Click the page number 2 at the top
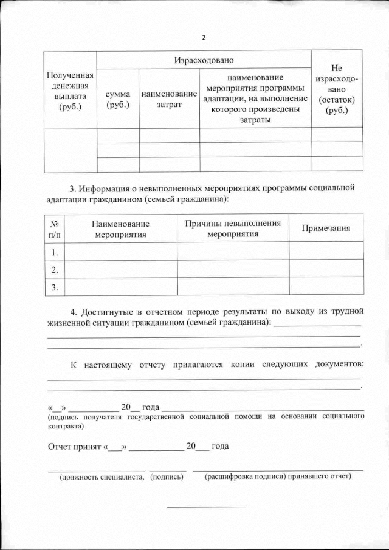tap(204, 38)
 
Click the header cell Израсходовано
tap(204, 60)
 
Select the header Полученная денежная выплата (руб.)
tap(70, 91)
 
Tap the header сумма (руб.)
tap(118, 100)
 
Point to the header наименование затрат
tap(169, 100)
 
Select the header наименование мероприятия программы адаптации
tap(255, 98)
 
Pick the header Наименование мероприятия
tap(120, 229)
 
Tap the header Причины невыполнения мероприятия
tap(233, 229)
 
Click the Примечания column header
tap(326, 229)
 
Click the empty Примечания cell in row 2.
tap(326, 269)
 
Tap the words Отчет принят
tap(75, 446)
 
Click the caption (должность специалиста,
tap(101, 477)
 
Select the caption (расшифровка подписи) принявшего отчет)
tap(278, 476)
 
